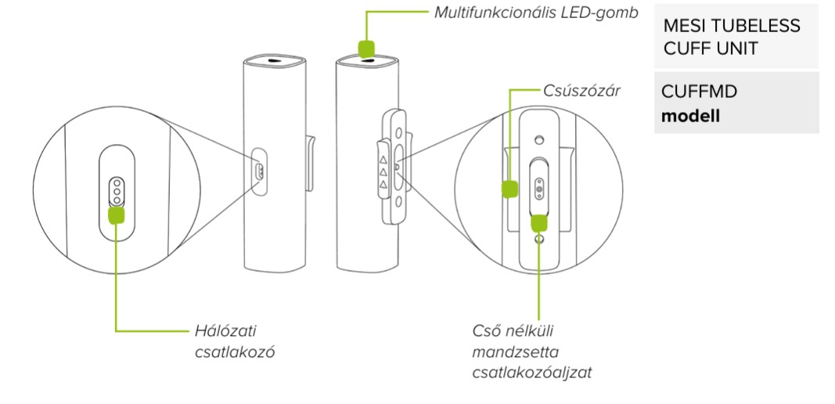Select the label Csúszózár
click(582, 91)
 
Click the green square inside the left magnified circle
click(117, 213)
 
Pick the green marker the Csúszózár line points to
click(509, 188)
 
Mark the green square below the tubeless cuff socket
click(539, 223)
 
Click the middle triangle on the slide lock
click(383, 171)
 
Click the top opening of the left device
click(273, 60)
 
